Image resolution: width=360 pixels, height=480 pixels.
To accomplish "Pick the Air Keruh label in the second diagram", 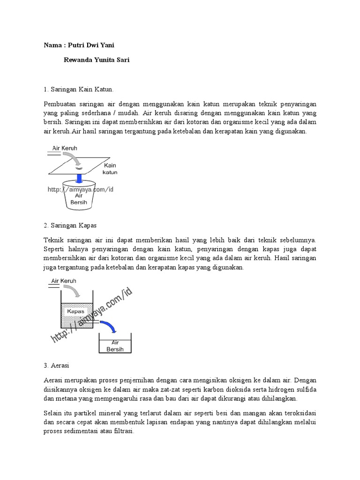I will tap(64, 281).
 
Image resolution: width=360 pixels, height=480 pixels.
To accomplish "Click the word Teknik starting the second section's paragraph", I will tap(53, 240).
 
